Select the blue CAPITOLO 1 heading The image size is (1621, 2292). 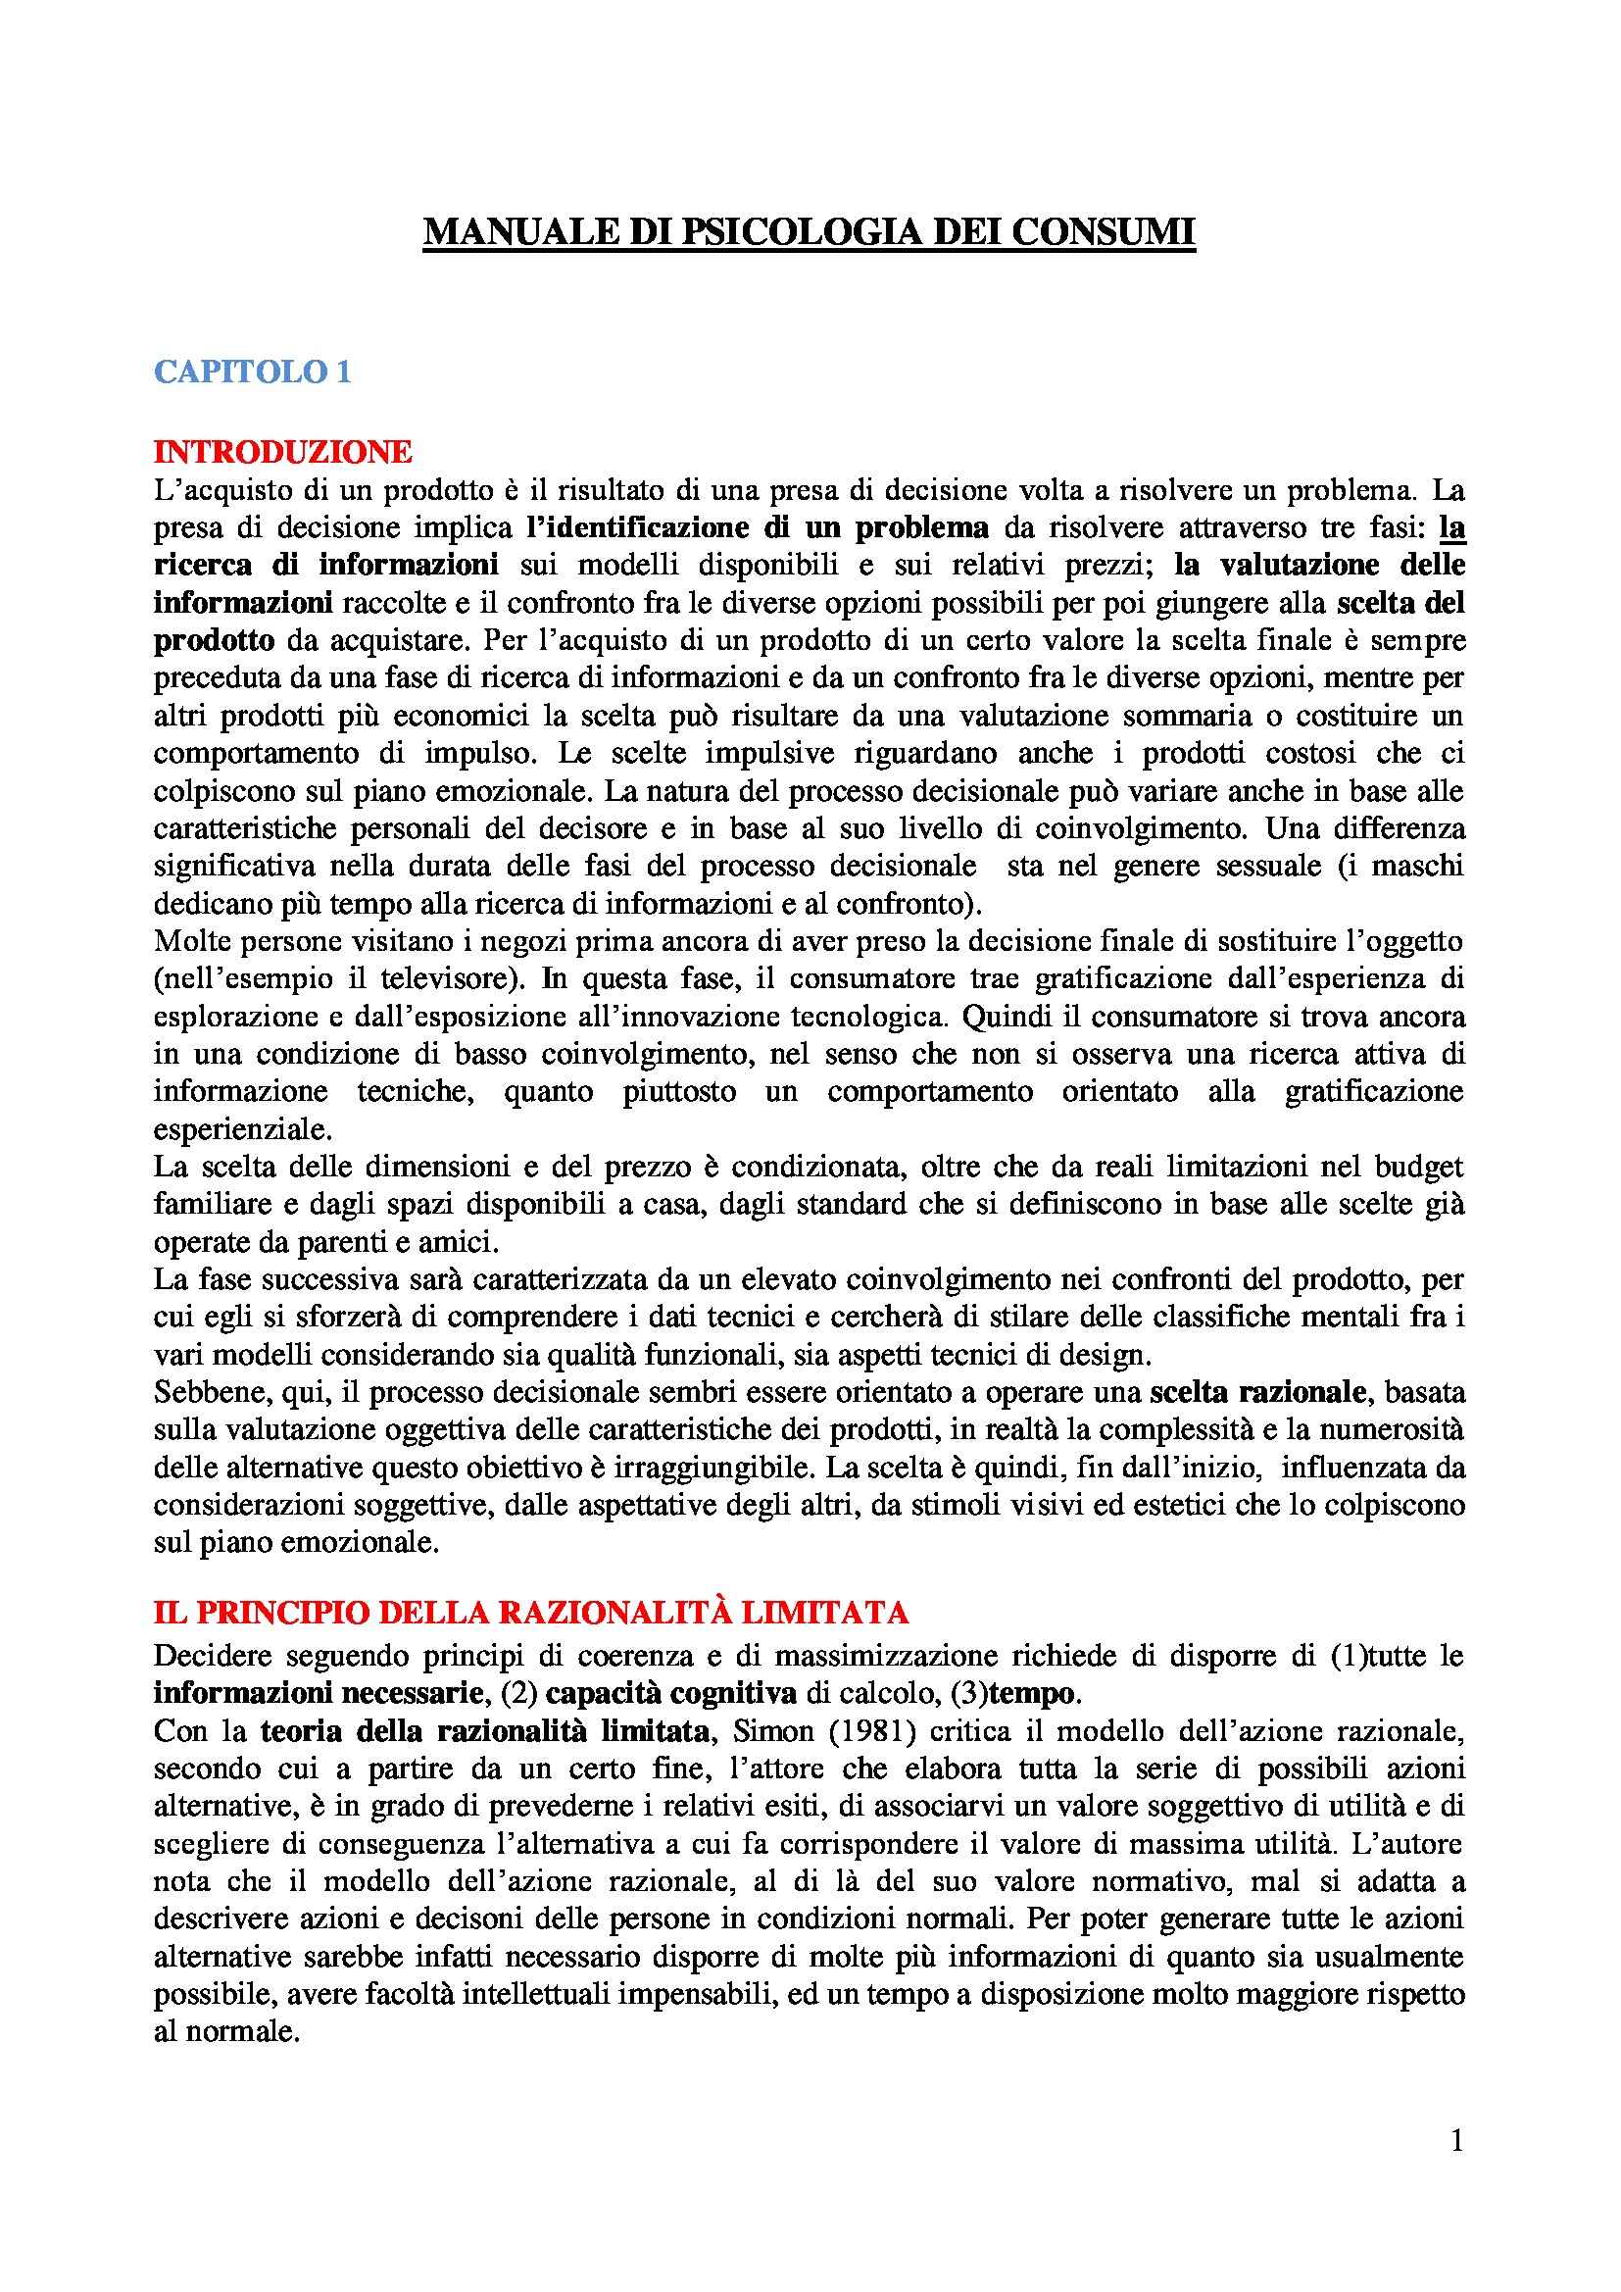[252, 373]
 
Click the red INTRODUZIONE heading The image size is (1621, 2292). [282, 452]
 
